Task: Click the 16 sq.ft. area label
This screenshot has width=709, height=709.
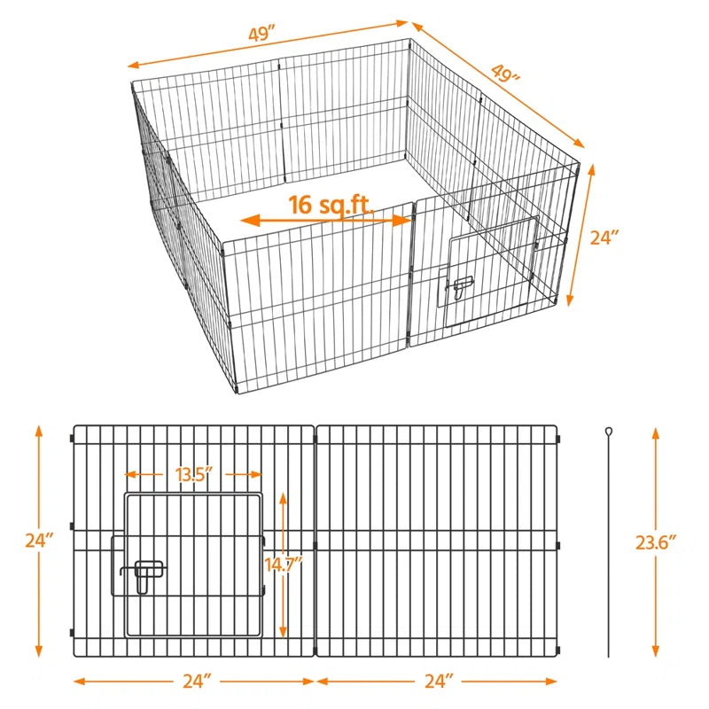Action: click(x=328, y=204)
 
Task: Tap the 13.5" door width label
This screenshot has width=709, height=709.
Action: click(x=194, y=474)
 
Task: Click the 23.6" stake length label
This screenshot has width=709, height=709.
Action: click(x=656, y=542)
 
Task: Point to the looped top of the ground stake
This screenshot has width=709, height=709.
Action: click(x=610, y=432)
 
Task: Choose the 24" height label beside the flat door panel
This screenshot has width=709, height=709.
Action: click(x=40, y=540)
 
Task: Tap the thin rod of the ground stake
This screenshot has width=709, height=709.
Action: click(x=610, y=549)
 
